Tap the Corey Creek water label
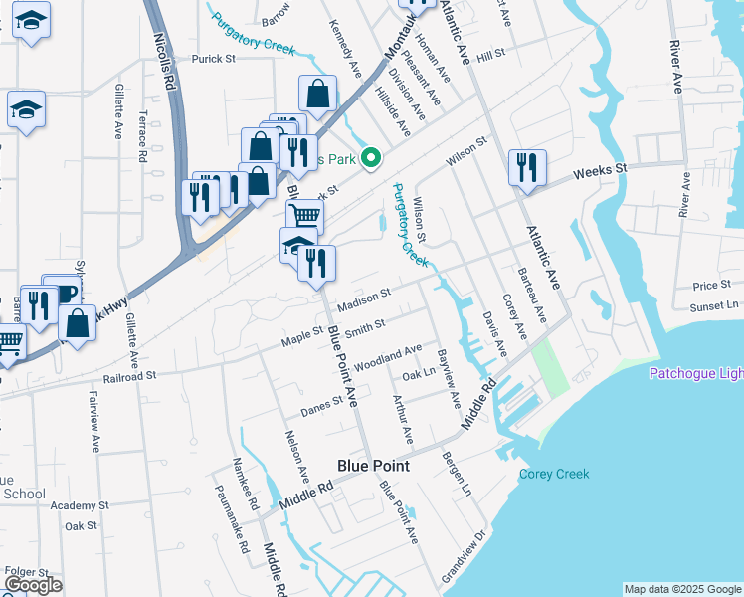554,474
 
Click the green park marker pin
371,157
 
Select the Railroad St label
130,377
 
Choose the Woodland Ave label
387,355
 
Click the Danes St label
323,403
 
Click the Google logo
33,585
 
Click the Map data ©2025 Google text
681,589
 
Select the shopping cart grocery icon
304,215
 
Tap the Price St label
712,286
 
